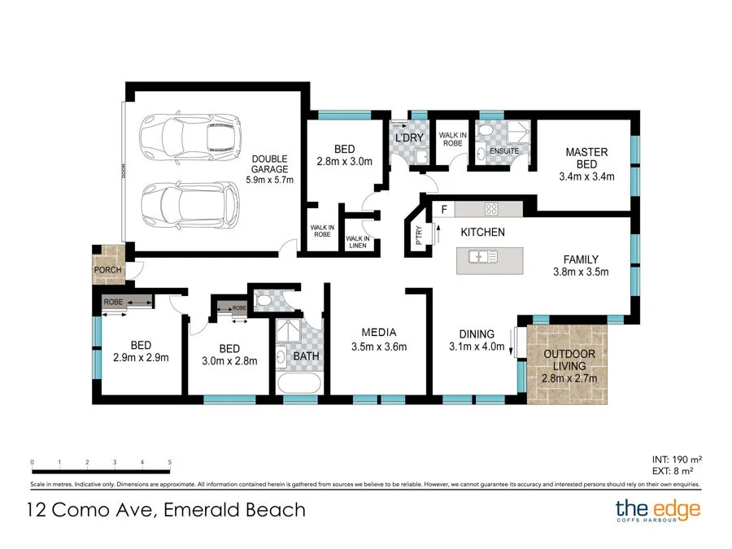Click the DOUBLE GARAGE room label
(x=269, y=163)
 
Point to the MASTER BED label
(x=586, y=158)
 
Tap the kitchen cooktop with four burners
(x=491, y=208)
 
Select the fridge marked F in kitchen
(x=443, y=209)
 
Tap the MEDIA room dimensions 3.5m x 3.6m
(x=378, y=346)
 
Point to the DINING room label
(x=476, y=333)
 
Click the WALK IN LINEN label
(x=358, y=242)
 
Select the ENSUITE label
(x=503, y=150)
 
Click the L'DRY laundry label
(x=409, y=138)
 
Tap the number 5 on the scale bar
(x=169, y=463)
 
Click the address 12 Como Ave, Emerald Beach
(x=165, y=511)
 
